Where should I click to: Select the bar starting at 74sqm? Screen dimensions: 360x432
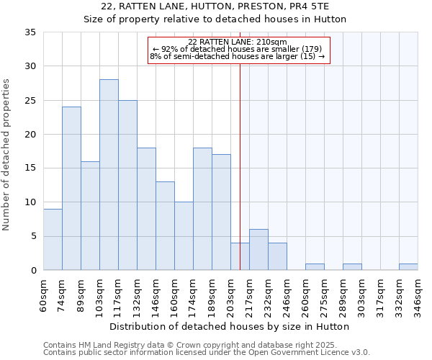[x=71, y=189]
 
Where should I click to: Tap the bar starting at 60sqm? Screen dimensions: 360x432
[x=53, y=239]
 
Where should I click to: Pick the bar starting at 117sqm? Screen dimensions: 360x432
[x=127, y=185]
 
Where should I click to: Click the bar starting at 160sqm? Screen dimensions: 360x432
[x=184, y=236]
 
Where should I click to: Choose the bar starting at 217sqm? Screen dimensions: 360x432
[x=258, y=250]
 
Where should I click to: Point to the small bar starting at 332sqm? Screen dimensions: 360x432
[x=408, y=267]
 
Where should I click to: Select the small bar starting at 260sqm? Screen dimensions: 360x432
[x=315, y=267]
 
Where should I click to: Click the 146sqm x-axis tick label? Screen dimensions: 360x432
[x=156, y=293]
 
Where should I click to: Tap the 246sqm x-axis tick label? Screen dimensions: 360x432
[x=287, y=293]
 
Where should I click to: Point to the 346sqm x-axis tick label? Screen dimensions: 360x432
[x=418, y=293]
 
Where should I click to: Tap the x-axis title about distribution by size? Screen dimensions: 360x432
[x=230, y=326]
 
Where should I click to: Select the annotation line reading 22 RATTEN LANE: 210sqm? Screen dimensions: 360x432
[x=238, y=42]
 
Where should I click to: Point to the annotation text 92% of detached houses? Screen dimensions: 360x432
[x=238, y=49]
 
